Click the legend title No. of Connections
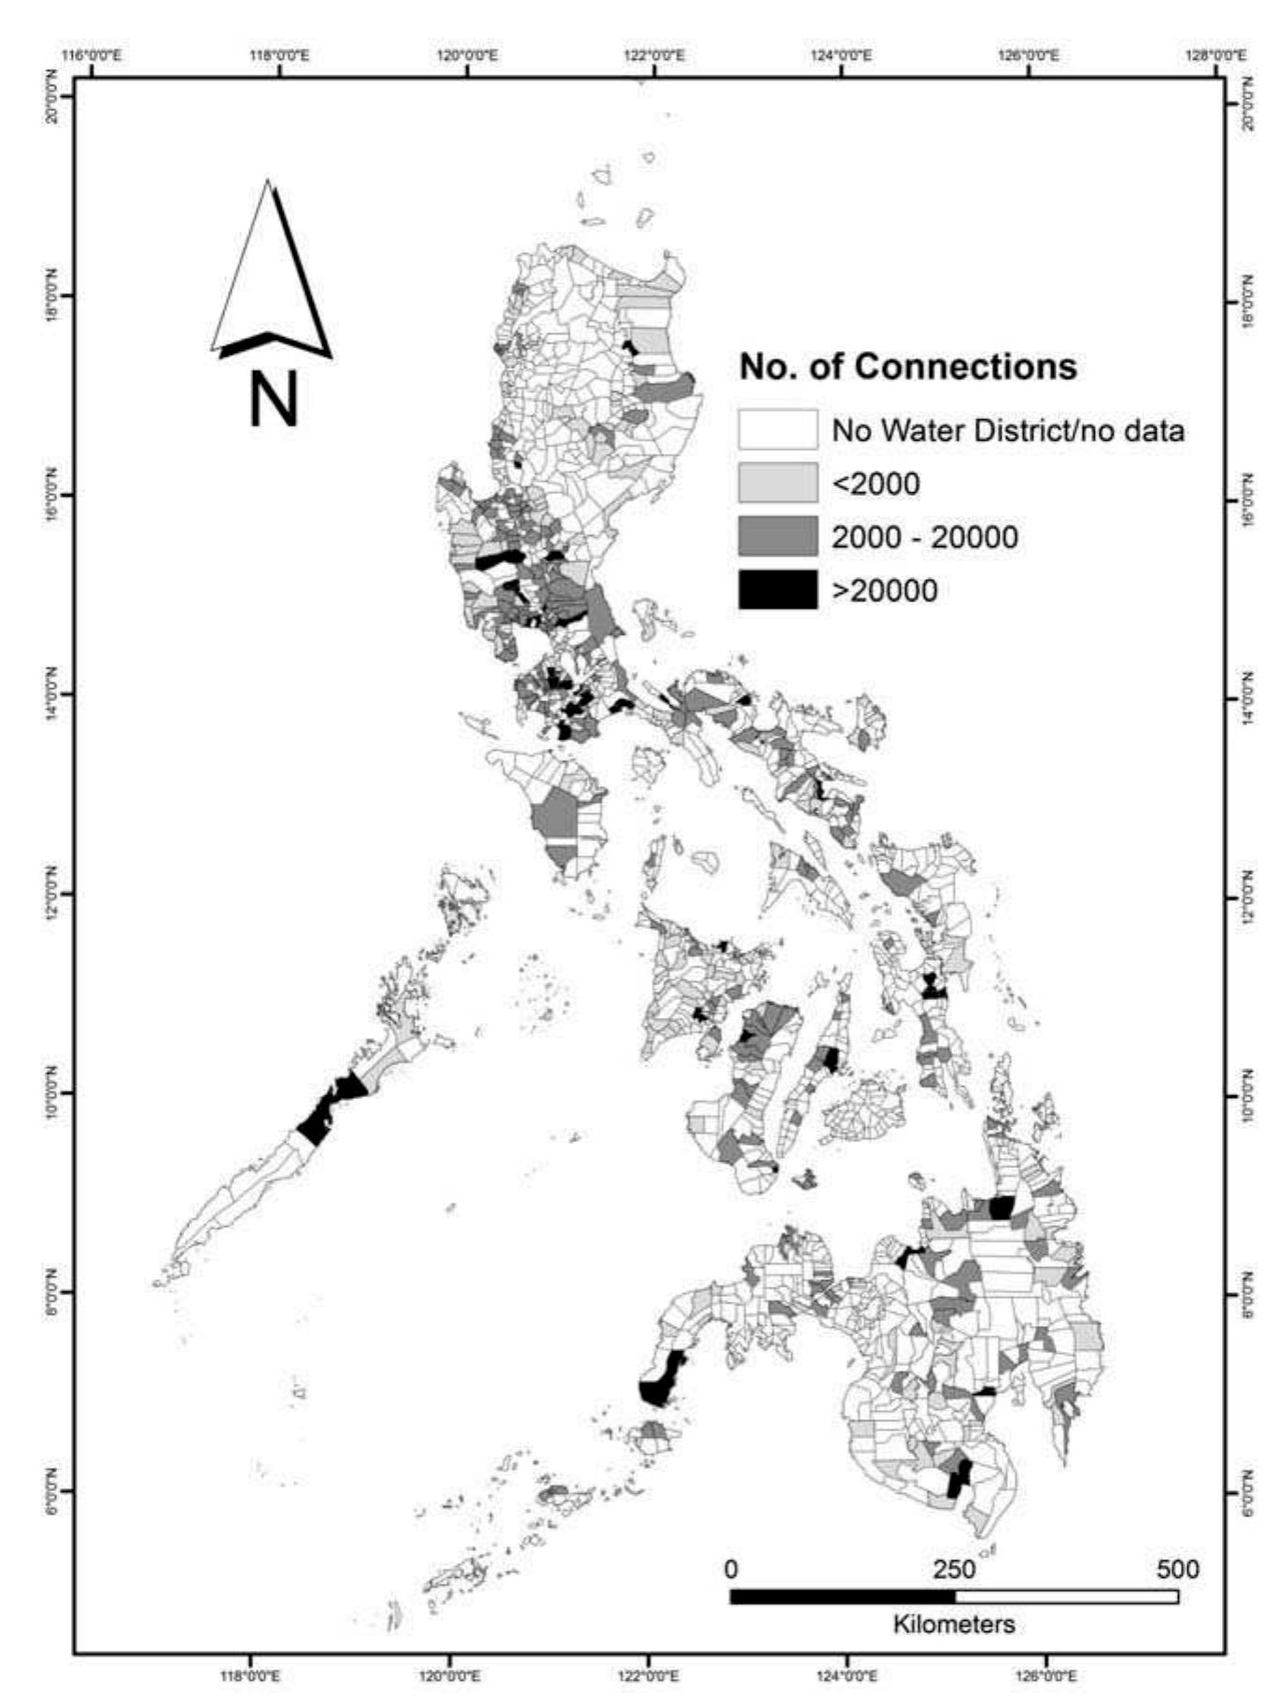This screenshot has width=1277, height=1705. [x=907, y=366]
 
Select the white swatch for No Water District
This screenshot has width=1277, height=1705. [x=778, y=430]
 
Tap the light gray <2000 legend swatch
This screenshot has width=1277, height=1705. [x=778, y=484]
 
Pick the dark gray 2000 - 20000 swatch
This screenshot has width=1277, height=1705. [x=778, y=537]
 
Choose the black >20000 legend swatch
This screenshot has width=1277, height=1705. [x=778, y=590]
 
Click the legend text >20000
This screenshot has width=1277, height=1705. [x=884, y=591]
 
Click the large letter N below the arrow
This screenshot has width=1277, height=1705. [x=273, y=400]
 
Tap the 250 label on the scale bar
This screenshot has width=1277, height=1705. [x=954, y=1569]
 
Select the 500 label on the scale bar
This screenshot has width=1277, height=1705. [x=1177, y=1569]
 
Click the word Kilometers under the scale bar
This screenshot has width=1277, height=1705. [x=953, y=1624]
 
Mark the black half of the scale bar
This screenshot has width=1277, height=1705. [x=842, y=1597]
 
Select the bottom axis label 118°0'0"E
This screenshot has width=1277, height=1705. [x=250, y=1676]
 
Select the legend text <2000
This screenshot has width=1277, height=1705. [x=875, y=484]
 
